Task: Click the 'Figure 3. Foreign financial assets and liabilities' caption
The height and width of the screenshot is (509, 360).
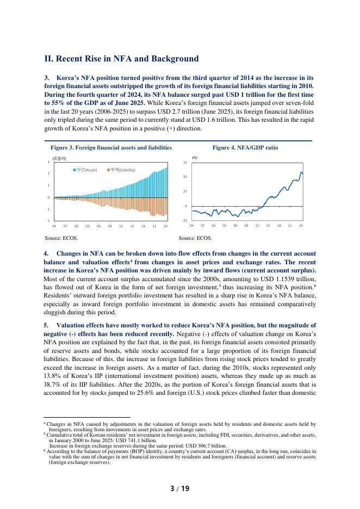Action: tap(111, 147)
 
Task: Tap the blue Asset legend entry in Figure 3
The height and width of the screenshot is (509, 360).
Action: tap(85, 170)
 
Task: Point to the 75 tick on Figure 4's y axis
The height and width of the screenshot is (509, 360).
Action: tap(186, 163)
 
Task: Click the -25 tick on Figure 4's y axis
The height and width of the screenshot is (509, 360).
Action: tap(185, 220)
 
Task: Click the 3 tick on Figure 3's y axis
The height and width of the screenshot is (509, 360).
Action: tap(49, 162)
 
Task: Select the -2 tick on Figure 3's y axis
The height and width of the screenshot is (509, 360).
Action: tap(48, 220)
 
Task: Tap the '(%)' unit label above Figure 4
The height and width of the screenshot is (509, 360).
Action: tap(195, 157)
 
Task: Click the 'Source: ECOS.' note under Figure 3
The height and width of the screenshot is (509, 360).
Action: tap(61, 238)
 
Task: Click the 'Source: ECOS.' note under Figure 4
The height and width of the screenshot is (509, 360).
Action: tap(195, 238)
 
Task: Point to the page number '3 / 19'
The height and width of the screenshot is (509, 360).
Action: tap(179, 488)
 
